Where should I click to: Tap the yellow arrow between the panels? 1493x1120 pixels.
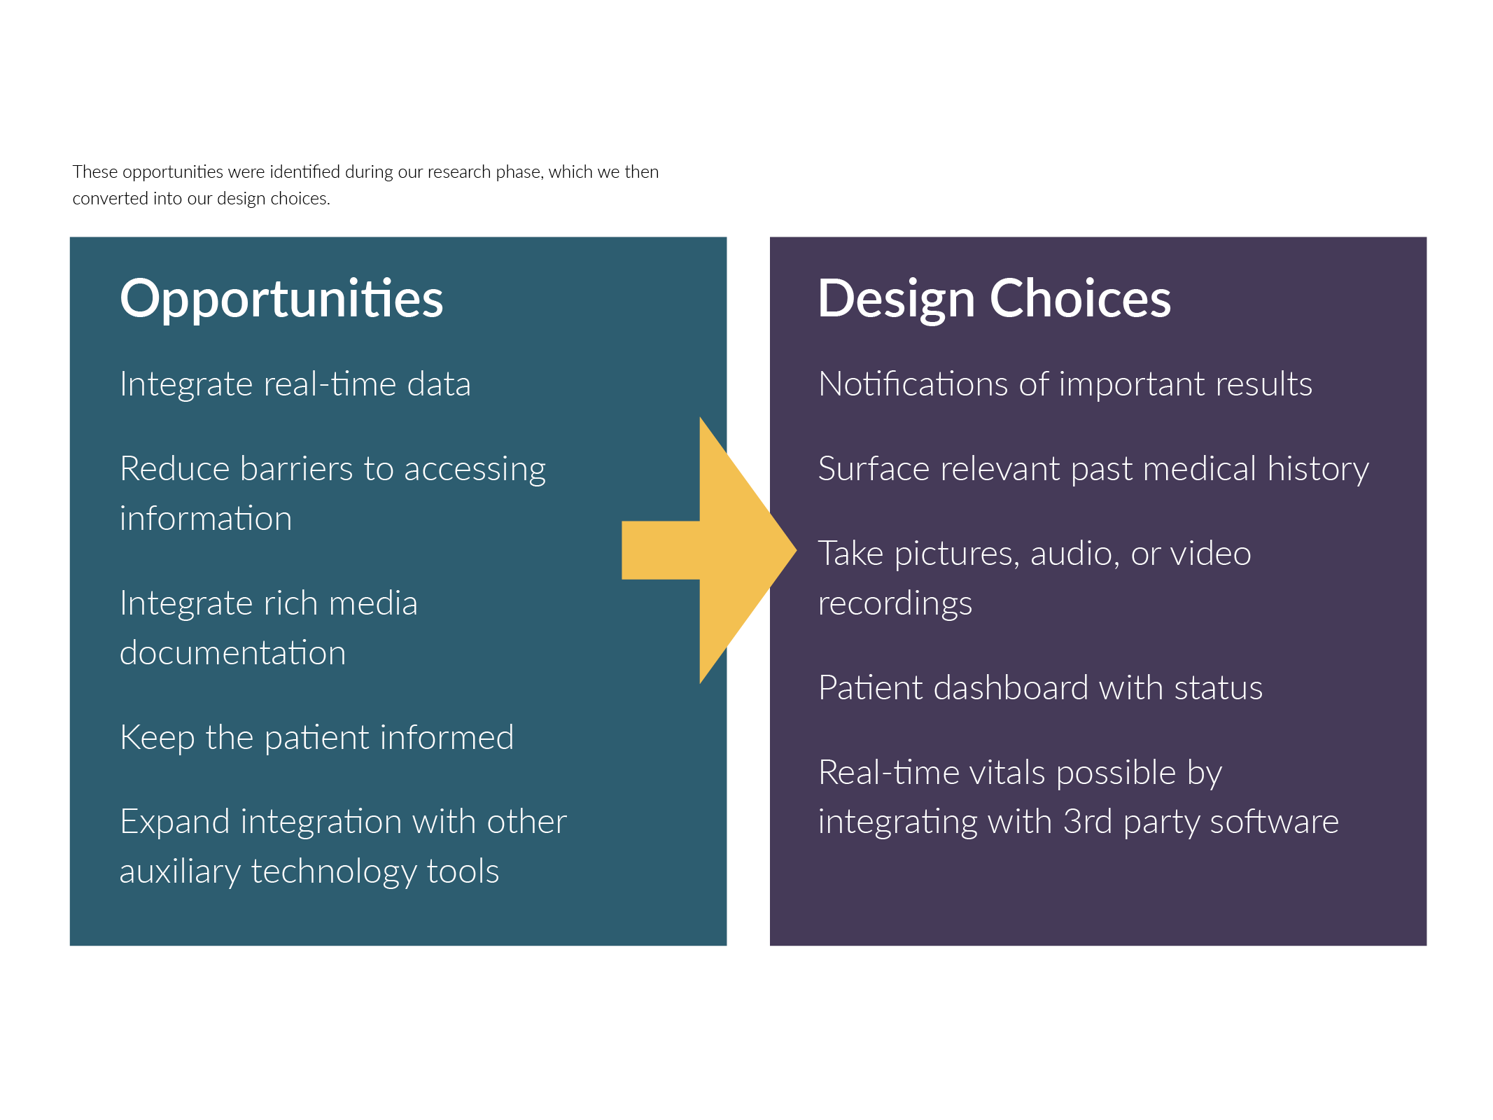pos(709,550)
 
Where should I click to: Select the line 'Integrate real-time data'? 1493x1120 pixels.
pos(295,384)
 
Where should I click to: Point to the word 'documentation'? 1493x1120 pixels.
pos(233,653)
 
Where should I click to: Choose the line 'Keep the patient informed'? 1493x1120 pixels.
pos(317,738)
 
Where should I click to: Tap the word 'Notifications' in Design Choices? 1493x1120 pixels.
pos(913,384)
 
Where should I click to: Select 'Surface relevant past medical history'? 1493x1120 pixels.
pos(1093,469)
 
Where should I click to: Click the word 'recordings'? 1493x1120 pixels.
pos(895,604)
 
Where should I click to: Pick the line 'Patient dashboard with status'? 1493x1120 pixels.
pos(1041,687)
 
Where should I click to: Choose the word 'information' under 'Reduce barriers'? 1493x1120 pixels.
pos(206,519)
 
